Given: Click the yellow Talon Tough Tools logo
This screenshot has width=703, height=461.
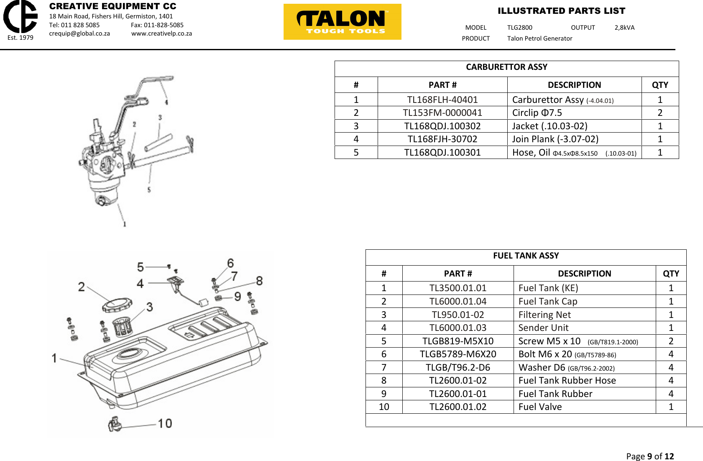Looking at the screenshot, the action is [342, 22].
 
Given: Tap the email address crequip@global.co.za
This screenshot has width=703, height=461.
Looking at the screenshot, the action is [79, 33].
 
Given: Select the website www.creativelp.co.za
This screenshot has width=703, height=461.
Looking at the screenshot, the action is [161, 33].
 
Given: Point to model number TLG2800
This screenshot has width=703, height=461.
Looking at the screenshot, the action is [520, 28].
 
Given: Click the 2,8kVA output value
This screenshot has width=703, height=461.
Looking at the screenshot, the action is [624, 28].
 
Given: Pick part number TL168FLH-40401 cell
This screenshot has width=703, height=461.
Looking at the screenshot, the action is [442, 100].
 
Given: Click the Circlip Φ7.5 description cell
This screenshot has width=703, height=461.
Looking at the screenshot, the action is [574, 113].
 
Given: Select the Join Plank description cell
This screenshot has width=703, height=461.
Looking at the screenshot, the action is [574, 139].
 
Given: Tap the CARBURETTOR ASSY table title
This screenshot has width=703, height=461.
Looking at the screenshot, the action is [506, 67].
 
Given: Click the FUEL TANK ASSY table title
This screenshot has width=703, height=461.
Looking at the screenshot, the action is [526, 256].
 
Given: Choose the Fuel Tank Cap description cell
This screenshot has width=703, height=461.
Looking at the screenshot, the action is [584, 302].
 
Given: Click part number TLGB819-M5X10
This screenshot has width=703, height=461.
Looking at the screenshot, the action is [458, 341].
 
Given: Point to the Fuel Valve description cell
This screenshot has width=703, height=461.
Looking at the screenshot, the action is [584, 407].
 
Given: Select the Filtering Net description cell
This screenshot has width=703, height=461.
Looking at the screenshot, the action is [584, 315].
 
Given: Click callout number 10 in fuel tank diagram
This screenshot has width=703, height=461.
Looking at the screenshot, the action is [165, 424].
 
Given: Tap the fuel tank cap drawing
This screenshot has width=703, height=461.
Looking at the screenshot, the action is [117, 305].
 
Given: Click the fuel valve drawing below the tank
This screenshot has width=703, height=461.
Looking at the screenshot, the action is [115, 424].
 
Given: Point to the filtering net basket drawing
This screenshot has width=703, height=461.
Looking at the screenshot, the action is [122, 327].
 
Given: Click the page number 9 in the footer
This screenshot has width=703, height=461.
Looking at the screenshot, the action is [649, 456].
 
